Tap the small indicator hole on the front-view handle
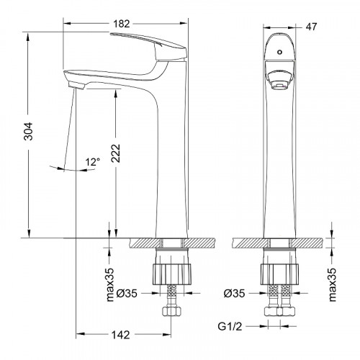[278, 53]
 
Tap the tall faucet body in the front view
[278, 166]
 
